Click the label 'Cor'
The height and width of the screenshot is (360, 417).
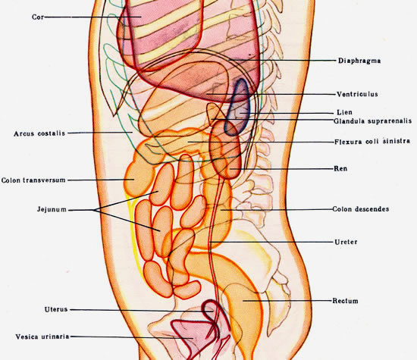click(x=38, y=17)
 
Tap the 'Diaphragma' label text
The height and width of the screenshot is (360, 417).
click(x=359, y=61)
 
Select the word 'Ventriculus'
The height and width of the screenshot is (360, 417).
click(x=357, y=94)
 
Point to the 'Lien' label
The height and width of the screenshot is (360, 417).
click(x=344, y=112)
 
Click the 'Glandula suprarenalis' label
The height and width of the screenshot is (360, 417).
click(x=372, y=121)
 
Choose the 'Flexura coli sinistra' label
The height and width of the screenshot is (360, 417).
click(x=372, y=142)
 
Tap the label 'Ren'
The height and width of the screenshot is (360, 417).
click(x=340, y=168)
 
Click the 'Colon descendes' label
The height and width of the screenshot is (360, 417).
click(x=361, y=209)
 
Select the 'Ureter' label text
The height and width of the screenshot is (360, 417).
click(x=346, y=242)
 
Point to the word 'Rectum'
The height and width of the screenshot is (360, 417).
click(x=345, y=301)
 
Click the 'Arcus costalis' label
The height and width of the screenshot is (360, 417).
click(x=39, y=133)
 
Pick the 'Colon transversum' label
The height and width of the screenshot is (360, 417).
click(x=33, y=180)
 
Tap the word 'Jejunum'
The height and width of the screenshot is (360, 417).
click(x=52, y=209)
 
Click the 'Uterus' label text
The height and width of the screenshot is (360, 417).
click(x=56, y=309)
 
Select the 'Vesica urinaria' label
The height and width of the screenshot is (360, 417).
click(x=42, y=337)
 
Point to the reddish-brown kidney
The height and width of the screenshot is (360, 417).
click(x=226, y=150)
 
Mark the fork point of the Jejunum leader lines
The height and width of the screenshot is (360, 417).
click(x=93, y=210)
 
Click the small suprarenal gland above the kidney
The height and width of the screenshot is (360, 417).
click(x=213, y=114)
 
